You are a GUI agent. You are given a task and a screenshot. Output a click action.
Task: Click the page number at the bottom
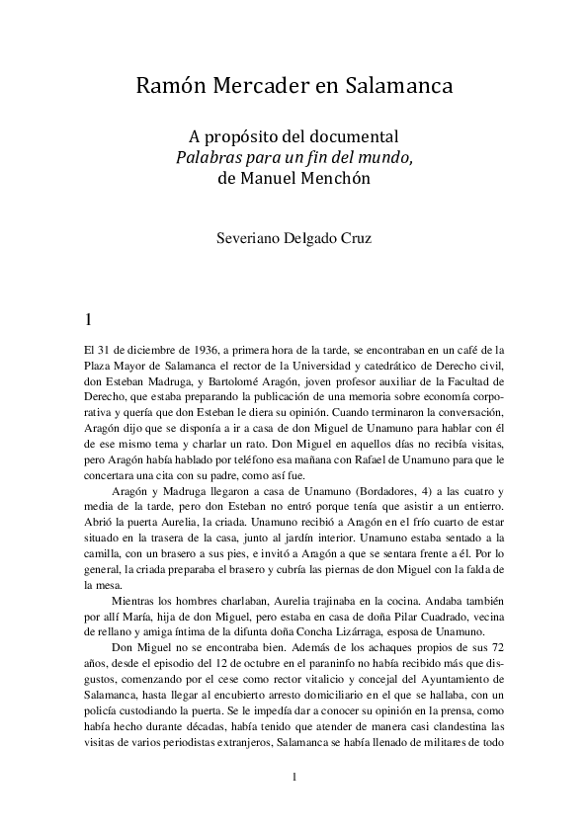click(294, 776)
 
